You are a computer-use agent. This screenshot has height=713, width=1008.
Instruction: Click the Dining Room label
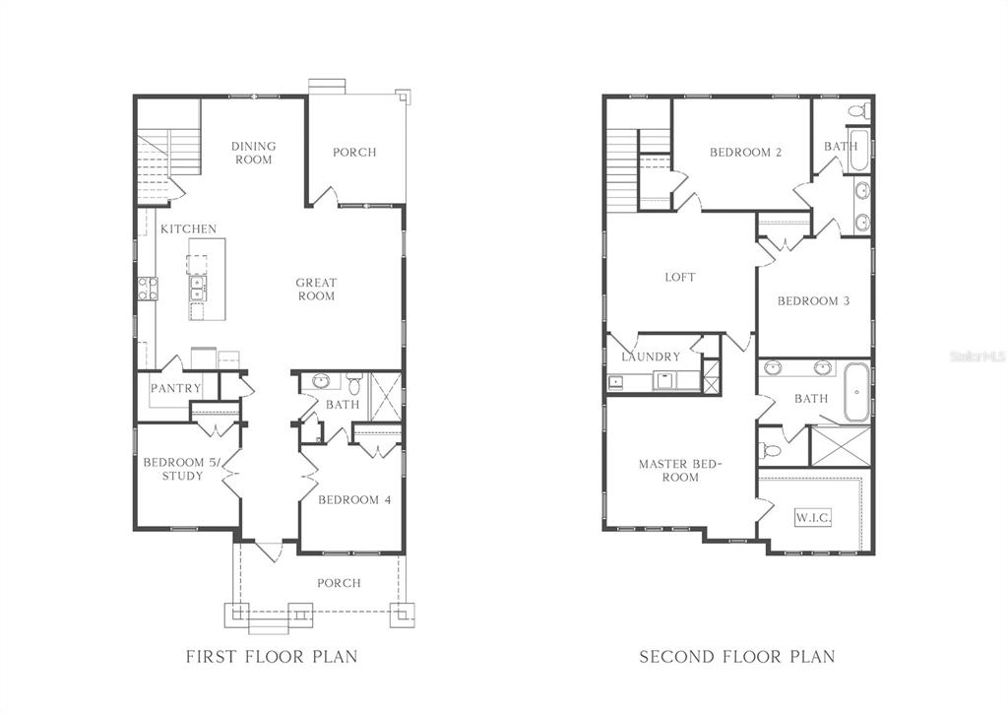pos(253,153)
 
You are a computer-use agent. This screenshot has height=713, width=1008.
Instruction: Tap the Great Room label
pos(316,290)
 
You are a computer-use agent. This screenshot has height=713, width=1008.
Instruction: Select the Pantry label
pos(175,388)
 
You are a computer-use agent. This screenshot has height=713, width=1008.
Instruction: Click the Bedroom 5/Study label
pos(182,469)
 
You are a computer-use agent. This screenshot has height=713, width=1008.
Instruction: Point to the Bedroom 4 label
pos(354,499)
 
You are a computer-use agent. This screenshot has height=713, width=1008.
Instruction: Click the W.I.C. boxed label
pos(813,517)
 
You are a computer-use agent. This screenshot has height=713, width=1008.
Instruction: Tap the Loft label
pos(680,277)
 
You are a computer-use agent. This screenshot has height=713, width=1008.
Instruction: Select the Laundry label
pos(651,356)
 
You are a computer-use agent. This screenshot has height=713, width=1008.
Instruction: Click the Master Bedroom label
pos(681,470)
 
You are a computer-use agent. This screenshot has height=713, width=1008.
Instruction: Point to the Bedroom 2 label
pos(746,153)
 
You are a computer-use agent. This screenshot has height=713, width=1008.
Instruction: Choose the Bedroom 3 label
pos(814,301)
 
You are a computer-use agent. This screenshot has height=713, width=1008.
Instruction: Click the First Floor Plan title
pos(272,657)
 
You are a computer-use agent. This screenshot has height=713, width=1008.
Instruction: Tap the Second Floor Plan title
pos(737,657)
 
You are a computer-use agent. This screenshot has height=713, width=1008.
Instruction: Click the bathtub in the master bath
pos(856,392)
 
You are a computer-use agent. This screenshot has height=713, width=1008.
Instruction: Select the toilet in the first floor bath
pos(354,383)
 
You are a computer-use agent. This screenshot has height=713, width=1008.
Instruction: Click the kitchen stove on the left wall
pos(148,289)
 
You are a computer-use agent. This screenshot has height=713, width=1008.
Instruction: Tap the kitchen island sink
pos(197,288)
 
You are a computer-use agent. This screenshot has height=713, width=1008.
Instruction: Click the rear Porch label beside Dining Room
pos(354,153)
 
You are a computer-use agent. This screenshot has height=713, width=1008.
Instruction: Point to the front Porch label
pos(339,583)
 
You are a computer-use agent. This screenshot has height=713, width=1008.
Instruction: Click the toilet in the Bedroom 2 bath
pos(858,110)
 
